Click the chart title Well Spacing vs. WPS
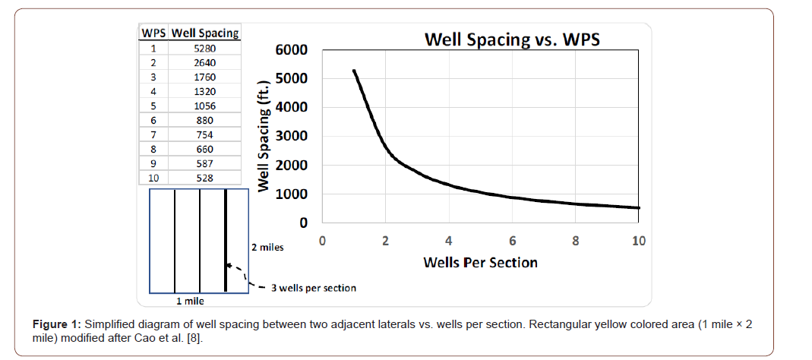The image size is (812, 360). coord(512,39)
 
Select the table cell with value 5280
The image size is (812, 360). coord(204,48)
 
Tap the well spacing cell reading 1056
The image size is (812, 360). coord(204,106)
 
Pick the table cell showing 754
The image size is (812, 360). coord(204,134)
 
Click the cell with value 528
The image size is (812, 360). coord(204,178)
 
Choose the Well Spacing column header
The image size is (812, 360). coord(205,33)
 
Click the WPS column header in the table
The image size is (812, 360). coord(154,33)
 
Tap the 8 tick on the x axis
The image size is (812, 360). coord(576,242)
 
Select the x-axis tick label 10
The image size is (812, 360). coord(639,242)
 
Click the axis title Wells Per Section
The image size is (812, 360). coord(480,263)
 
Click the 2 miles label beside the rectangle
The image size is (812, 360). coord(267,248)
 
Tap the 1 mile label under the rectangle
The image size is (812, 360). coord(190,301)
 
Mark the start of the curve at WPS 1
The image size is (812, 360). coord(354,71)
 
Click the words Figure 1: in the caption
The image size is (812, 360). coord(57,325)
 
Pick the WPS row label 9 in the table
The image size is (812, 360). coord(153,163)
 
